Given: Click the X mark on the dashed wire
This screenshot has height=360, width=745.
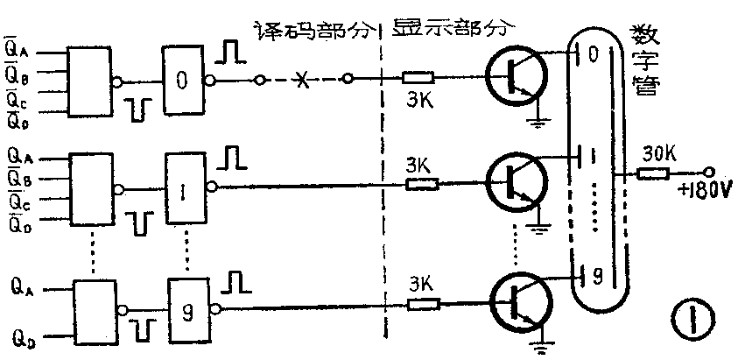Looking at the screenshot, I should tap(302, 81).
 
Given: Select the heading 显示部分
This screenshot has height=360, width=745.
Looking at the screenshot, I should tap(452, 26).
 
